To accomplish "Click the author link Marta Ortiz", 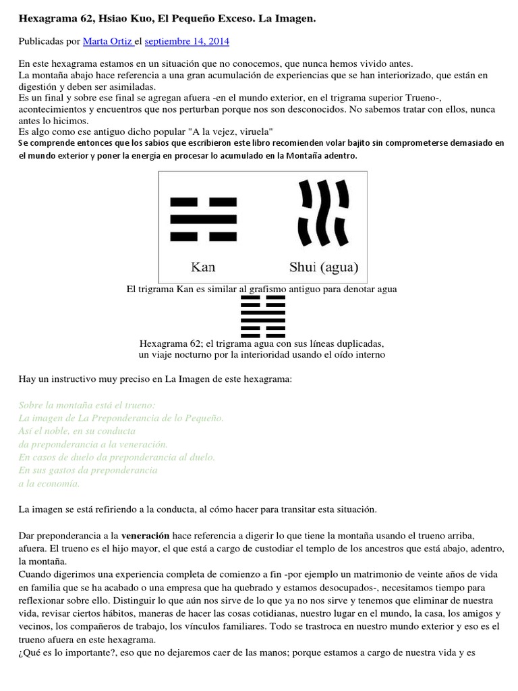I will tap(107, 42).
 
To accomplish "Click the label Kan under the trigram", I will tap(203, 267).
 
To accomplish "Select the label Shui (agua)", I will tap(324, 267).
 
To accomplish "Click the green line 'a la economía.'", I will tap(49, 483).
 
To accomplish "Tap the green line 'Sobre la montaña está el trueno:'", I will tap(87, 405).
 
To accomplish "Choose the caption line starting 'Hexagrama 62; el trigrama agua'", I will tap(262, 342).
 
